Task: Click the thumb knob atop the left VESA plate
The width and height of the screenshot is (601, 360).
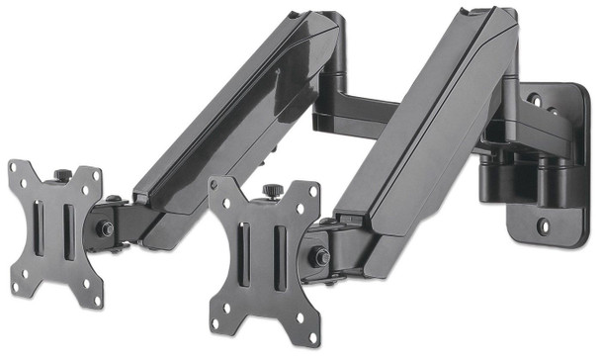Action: coord(62,175)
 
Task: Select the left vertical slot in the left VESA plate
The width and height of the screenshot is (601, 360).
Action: coord(42,230)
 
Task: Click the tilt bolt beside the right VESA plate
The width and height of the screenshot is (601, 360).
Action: coord(318,255)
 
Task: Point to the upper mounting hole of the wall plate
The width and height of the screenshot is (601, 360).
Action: coord(535,101)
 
